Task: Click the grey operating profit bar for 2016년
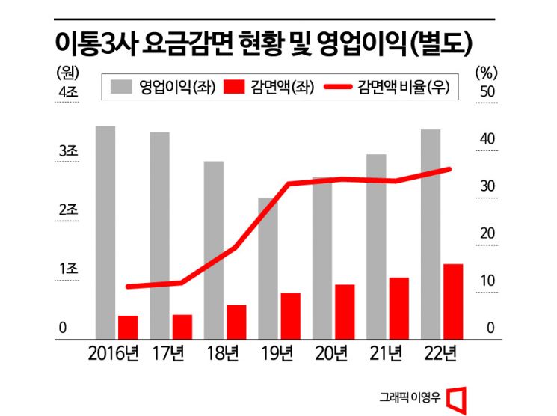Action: click(105, 232)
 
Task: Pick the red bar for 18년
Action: click(236, 322)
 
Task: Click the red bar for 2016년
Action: click(128, 327)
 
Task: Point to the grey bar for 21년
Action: click(376, 246)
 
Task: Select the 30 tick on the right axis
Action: click(487, 186)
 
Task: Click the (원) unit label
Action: click(67, 72)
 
